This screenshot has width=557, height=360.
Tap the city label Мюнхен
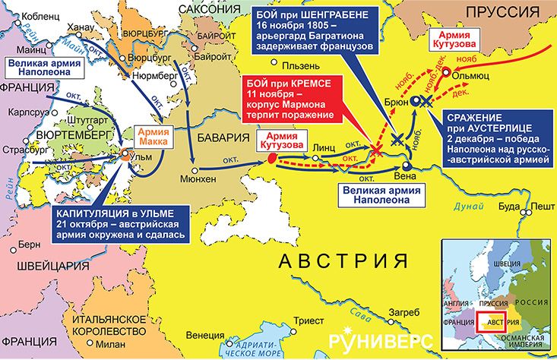coord(197,180)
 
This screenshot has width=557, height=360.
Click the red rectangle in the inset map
coord(490,319)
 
